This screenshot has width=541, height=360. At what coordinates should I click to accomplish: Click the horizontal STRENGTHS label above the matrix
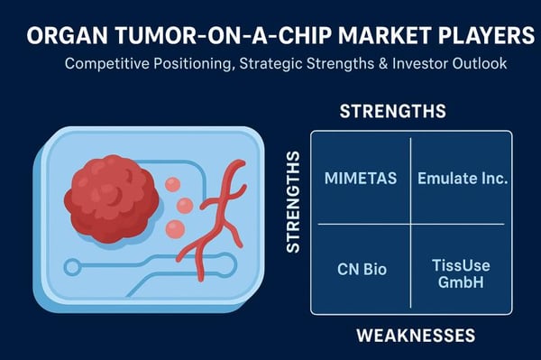tap(392, 112)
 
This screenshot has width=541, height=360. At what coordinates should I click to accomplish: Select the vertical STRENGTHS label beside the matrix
tap(292, 201)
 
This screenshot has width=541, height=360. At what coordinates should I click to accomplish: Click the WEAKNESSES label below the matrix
tap(415, 336)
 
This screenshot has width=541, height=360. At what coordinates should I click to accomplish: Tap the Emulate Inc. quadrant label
tap(462, 178)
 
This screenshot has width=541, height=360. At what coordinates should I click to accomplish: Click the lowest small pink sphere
tap(177, 228)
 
